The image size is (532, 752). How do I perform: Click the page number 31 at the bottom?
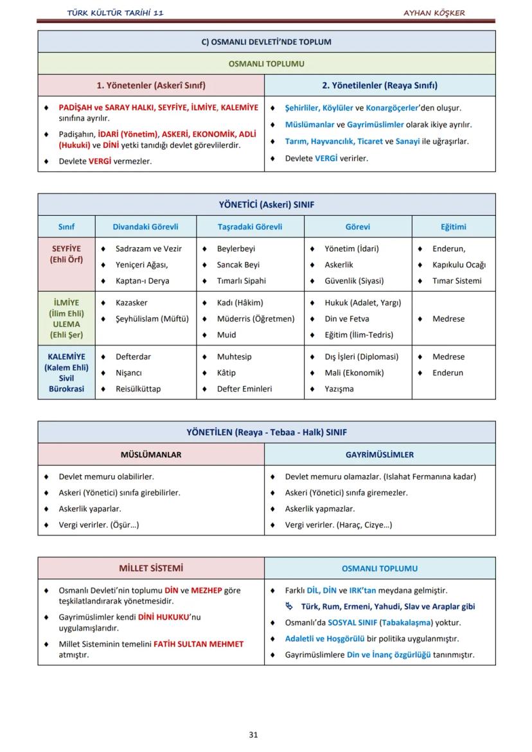[x=253, y=735]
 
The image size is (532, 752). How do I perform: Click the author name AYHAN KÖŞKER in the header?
[x=434, y=13]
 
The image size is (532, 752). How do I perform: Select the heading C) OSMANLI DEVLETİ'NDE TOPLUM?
[x=266, y=42]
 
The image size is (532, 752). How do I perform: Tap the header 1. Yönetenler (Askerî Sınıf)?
[x=151, y=85]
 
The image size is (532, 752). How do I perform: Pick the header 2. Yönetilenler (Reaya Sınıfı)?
[x=380, y=85]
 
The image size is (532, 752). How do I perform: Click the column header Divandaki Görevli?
[x=145, y=227]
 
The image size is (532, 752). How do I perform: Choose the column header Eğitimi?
[x=454, y=227]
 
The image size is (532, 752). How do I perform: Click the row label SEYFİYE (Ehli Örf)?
[x=66, y=254]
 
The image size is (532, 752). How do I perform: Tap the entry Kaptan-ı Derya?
[x=143, y=281]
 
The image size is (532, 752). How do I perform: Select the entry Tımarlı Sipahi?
[x=241, y=281]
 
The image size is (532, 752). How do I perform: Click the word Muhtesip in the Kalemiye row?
[x=234, y=356]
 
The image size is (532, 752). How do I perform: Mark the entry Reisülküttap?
[x=138, y=389]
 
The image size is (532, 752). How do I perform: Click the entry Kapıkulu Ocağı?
[x=459, y=265]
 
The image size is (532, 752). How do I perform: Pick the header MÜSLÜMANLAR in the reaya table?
[x=151, y=455]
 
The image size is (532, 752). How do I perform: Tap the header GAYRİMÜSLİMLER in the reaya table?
[x=380, y=455]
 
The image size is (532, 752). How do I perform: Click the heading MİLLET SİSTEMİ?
[x=151, y=568]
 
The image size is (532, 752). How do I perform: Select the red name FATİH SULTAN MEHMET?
[x=199, y=643]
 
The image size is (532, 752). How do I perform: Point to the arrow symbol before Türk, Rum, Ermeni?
[x=289, y=606]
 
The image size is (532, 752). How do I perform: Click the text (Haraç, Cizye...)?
[x=364, y=525]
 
